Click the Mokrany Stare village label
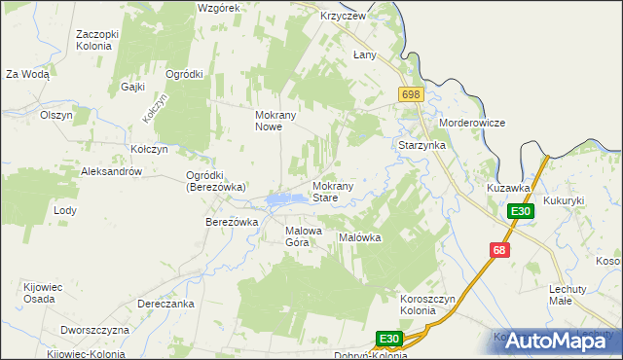coord(338,192)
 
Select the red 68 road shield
coord(499,251)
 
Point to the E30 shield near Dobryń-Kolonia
coord(389,339)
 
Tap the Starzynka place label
coord(421,145)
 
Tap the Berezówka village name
coord(231,222)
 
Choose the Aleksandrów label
coord(112,171)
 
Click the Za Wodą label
coord(27,74)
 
